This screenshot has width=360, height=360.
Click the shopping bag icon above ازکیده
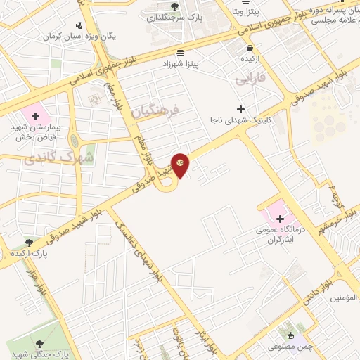click(x=250, y=48)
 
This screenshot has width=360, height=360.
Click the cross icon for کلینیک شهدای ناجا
click(x=241, y=109)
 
